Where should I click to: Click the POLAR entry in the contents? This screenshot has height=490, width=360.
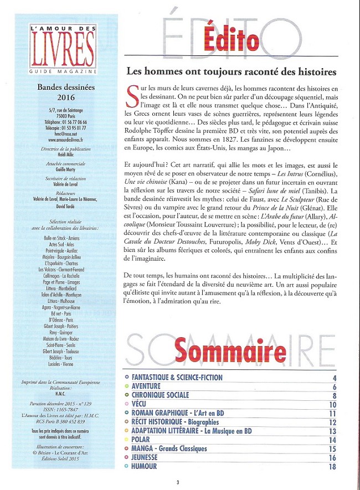(141, 440)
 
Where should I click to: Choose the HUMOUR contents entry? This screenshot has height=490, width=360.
(144, 466)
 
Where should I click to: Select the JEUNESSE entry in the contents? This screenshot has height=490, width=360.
(145, 457)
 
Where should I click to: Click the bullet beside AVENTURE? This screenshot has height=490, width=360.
(127, 386)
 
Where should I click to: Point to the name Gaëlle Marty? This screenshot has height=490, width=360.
(64, 170)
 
